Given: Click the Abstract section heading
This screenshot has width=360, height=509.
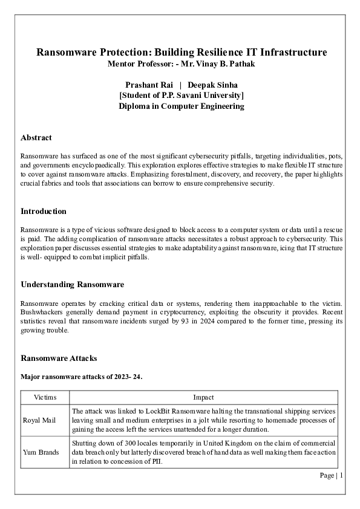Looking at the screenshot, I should (x=36, y=138).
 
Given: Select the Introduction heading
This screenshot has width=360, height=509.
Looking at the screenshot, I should (x=44, y=212).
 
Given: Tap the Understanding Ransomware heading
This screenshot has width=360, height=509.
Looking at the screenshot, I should (x=72, y=285).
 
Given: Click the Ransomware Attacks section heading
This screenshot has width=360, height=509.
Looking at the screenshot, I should (x=58, y=358).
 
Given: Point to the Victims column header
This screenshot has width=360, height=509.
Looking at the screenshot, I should (x=45, y=397).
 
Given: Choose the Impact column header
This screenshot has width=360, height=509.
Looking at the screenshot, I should (x=203, y=397).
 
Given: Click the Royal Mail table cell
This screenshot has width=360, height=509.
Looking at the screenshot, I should (x=38, y=420).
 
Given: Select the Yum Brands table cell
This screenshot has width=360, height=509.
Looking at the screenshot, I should (x=40, y=452).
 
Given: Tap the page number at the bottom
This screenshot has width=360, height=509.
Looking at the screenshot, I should (x=332, y=475).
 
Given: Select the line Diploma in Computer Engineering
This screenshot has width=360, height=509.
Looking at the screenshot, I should (x=182, y=106).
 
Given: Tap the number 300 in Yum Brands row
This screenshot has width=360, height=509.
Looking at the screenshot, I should (x=126, y=443).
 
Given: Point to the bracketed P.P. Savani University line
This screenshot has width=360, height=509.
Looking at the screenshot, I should (x=182, y=96).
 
